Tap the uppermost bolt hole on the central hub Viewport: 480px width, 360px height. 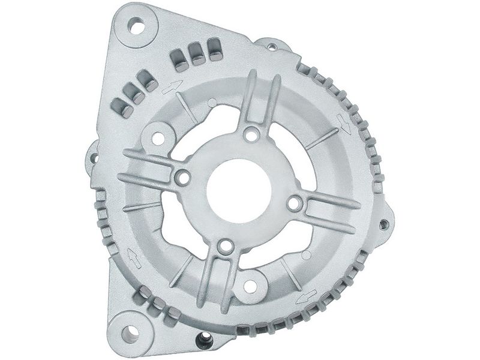tap(251, 133)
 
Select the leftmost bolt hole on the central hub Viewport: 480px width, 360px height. tap(182, 178)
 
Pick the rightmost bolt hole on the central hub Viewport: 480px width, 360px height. tap(293, 204)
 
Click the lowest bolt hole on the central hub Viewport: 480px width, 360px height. tap(224, 246)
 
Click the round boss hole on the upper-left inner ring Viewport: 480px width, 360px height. tap(157, 137)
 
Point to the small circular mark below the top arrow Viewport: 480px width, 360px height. tap(211, 100)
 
